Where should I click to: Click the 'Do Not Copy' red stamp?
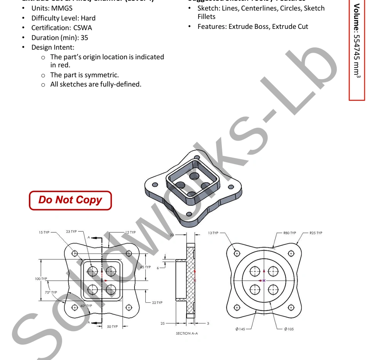[x=70, y=200]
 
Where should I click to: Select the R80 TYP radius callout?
[x=289, y=233]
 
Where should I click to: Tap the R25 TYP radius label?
[x=316, y=233]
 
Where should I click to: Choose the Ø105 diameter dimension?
[x=289, y=329]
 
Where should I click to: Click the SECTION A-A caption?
[x=187, y=333]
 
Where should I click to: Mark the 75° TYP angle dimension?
[x=50, y=293]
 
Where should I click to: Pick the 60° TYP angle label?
[x=86, y=306]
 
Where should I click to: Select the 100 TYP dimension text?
[x=41, y=279]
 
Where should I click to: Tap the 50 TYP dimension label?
[x=112, y=327]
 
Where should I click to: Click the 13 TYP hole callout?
[x=213, y=233]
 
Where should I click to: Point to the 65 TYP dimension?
[x=145, y=267]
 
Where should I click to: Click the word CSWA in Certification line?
[x=82, y=28]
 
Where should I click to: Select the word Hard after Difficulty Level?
[x=88, y=18]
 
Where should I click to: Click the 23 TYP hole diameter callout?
[x=71, y=232]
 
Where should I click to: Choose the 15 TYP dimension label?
[x=44, y=233]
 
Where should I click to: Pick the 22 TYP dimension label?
[x=157, y=303]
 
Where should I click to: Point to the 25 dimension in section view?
[x=163, y=323]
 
